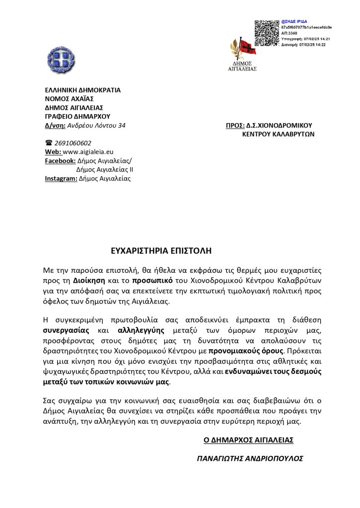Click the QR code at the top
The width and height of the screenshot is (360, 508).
click(267, 33)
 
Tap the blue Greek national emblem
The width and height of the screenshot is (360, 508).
click(61, 60)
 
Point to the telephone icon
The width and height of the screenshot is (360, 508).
click(49, 143)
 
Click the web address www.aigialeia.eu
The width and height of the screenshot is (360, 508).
click(88, 152)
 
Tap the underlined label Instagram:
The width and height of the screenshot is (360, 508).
click(61, 179)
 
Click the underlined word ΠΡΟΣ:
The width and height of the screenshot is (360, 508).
click(235, 126)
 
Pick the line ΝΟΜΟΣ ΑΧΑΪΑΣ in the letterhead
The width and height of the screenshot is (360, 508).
click(67, 99)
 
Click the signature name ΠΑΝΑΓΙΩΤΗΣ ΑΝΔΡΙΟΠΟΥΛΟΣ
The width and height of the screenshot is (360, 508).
click(250, 459)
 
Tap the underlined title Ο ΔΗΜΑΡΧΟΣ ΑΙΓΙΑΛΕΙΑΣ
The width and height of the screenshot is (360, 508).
click(248, 440)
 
